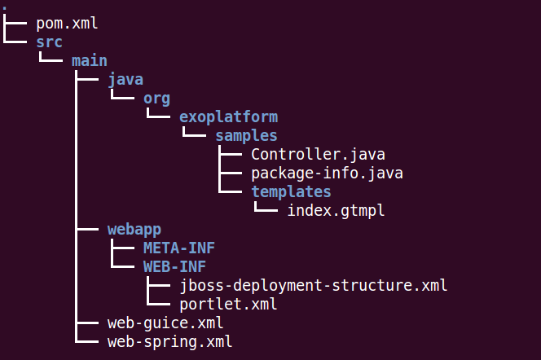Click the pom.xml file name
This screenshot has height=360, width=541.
[67, 24]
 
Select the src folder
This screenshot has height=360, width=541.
[50, 42]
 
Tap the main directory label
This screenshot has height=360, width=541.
[90, 61]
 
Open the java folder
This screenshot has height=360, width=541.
[125, 81]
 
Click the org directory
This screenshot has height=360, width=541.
[157, 99]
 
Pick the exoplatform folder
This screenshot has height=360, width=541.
[229, 117]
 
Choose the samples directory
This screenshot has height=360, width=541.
[246, 136]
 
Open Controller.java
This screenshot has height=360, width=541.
[318, 155]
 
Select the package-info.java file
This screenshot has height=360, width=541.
[327, 173]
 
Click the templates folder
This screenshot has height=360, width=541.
[291, 192]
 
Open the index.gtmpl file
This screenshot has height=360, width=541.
[336, 211]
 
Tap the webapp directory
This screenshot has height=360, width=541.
[134, 230]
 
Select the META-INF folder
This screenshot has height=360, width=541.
[179, 248]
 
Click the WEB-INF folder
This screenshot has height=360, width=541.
[174, 267]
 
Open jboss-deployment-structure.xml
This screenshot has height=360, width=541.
[314, 286]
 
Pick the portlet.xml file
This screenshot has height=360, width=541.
[228, 304]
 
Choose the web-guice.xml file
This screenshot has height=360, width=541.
[165, 323]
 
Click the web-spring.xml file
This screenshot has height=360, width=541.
[169, 342]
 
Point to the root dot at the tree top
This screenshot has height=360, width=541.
[4, 7]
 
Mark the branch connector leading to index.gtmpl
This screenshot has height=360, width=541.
[265, 207]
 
